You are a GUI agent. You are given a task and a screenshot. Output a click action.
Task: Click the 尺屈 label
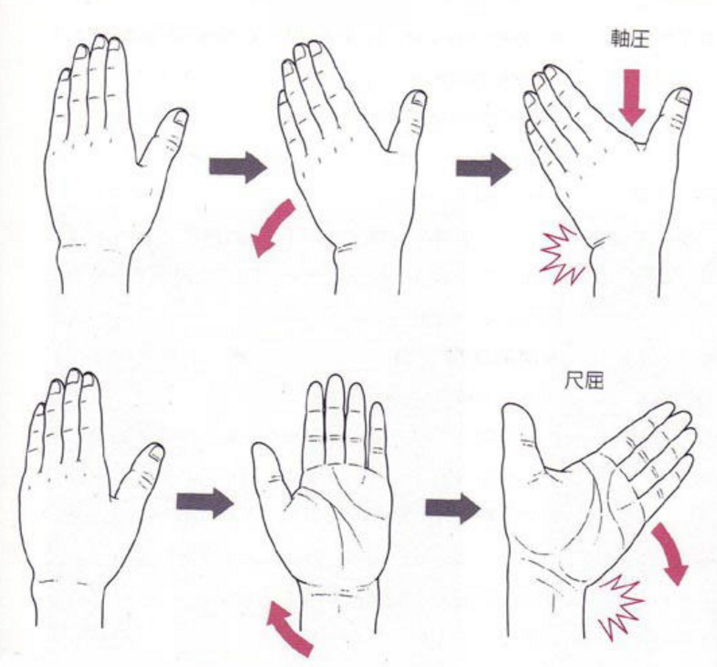click(583, 380)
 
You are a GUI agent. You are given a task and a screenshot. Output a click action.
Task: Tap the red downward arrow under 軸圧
click(632, 97)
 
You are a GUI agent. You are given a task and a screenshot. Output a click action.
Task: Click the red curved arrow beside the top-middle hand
click(272, 228)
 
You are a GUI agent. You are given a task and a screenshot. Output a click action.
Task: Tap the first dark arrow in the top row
click(238, 167)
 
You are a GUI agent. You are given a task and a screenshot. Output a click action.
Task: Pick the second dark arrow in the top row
click(484, 169)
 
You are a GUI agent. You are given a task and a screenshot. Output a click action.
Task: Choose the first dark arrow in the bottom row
click(205, 502)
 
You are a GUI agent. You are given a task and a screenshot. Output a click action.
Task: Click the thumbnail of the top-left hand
click(181, 117)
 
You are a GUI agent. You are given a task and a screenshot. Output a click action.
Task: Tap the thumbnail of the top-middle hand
click(419, 98)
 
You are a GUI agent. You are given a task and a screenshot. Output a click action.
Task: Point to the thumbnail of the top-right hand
click(684, 97)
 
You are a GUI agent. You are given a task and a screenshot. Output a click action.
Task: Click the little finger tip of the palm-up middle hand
click(377, 403)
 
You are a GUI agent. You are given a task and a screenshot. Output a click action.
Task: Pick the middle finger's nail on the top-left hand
click(100, 42)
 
